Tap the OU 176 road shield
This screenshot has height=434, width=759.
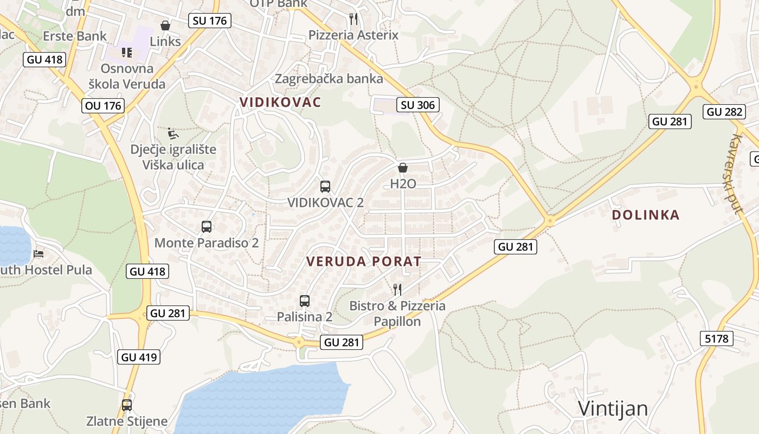click(x=104, y=105)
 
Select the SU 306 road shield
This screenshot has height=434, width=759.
click(x=418, y=105)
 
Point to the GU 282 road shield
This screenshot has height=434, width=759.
click(x=724, y=112)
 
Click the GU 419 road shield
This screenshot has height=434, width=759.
click(x=139, y=357)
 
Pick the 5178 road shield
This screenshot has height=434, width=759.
click(x=717, y=339)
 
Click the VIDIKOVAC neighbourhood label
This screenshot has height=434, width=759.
click(x=280, y=102)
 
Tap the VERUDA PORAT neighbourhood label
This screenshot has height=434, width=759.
click(x=363, y=261)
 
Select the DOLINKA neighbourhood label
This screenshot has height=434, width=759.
click(x=645, y=215)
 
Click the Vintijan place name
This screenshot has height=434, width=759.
click(x=613, y=409)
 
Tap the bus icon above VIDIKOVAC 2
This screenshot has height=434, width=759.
click(x=325, y=187)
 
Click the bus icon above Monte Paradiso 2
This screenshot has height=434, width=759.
click(x=207, y=227)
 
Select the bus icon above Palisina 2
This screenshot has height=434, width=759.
click(x=305, y=301)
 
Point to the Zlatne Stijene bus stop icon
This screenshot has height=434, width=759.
click(x=127, y=405)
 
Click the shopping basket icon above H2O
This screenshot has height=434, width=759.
click(x=403, y=168)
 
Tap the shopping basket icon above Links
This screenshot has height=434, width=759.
click(x=165, y=25)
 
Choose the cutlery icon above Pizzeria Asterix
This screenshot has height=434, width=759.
click(x=353, y=20)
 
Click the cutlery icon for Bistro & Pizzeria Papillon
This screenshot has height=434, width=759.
click(x=397, y=289)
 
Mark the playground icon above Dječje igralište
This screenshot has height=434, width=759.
click(x=173, y=133)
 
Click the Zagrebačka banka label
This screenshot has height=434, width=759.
click(x=329, y=79)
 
